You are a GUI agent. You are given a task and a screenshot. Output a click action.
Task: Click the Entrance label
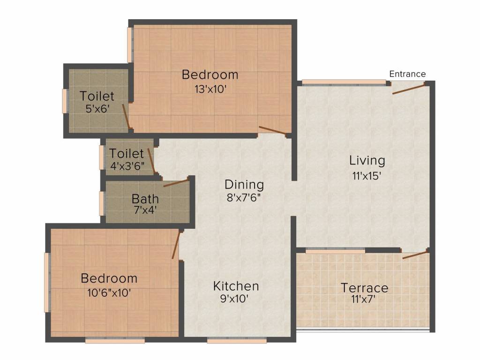tap(407, 74)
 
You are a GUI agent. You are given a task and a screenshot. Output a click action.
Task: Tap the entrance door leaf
tap(409, 88)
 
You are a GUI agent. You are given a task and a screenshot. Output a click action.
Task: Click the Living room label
tap(367, 161)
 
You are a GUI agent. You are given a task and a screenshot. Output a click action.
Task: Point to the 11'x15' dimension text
tap(367, 176)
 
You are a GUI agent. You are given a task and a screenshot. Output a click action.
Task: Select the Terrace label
tap(364, 288)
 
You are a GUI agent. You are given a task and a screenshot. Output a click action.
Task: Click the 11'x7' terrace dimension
tap(363, 299)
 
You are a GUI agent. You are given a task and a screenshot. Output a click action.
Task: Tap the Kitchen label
tap(236, 286)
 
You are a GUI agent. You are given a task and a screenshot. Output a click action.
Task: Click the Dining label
tap(244, 185)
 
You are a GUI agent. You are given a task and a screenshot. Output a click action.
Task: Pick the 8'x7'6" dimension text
tap(243, 198)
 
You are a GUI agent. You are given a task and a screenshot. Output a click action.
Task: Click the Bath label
tap(145, 199)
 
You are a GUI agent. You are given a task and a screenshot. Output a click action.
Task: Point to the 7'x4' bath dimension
tap(145, 210)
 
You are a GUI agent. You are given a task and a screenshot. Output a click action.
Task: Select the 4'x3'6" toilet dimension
tap(127, 166)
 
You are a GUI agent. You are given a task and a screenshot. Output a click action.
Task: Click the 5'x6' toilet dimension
tap(97, 109)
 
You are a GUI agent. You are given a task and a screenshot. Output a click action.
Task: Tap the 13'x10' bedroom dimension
tap(210, 89)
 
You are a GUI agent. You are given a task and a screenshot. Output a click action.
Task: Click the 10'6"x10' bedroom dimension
tap(109, 293)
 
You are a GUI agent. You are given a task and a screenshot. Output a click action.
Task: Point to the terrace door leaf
tap(415, 255)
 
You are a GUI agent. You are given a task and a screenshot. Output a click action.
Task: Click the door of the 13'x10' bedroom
tap(273, 130)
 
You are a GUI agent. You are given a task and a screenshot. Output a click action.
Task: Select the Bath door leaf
tap(176, 183)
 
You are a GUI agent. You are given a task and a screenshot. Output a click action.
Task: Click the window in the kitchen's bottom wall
tap(237, 340)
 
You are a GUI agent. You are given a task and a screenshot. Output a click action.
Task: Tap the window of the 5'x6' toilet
tap(65, 101)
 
